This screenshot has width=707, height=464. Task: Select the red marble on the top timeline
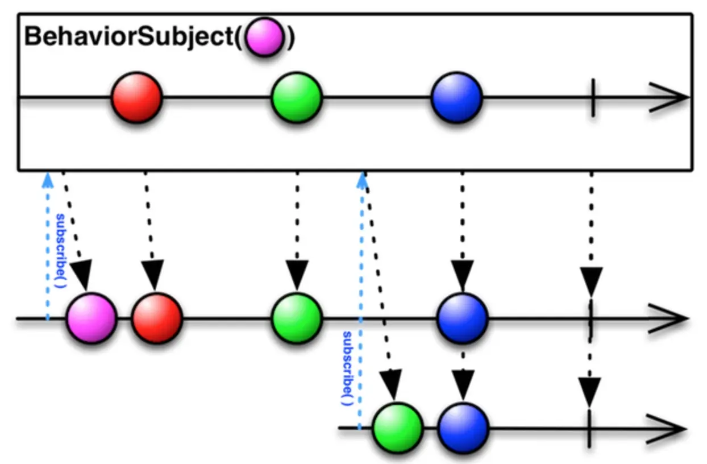click(136, 97)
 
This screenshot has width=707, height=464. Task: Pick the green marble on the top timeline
click(296, 97)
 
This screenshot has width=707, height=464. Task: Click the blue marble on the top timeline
click(456, 97)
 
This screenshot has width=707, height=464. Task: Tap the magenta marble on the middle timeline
click(92, 318)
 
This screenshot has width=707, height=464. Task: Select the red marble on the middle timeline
click(157, 318)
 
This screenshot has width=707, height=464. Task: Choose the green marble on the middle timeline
click(296, 318)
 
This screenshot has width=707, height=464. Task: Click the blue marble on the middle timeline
click(462, 318)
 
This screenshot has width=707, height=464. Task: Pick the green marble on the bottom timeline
click(398, 428)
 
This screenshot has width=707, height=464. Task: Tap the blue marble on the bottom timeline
click(463, 428)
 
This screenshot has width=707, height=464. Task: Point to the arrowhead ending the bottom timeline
click(671, 427)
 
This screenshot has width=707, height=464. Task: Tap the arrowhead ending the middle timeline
click(671, 318)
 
